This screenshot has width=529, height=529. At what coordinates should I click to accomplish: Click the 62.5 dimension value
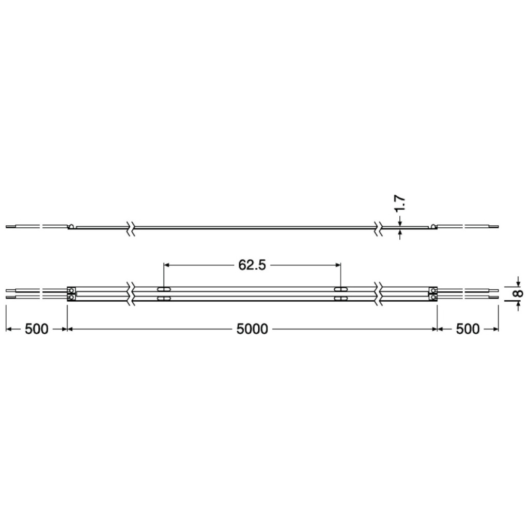pos(252,265)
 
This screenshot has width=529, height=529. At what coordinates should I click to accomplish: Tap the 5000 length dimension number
pos(252,329)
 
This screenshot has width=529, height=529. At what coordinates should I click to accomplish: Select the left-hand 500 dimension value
pos(37,329)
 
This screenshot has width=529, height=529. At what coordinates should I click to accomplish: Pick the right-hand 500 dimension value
pos(468,329)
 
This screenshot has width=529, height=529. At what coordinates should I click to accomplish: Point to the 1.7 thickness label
pos(400,204)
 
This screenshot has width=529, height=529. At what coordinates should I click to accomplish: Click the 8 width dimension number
pos(518,293)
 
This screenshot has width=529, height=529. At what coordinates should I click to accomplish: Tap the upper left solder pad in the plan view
pos(71,290)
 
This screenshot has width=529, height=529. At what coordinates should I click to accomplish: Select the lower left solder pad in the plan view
pos(71,297)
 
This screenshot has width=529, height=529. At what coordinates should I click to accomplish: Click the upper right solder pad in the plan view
pos(433,290)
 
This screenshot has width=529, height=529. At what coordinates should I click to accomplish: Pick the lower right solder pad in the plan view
pos(433,297)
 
